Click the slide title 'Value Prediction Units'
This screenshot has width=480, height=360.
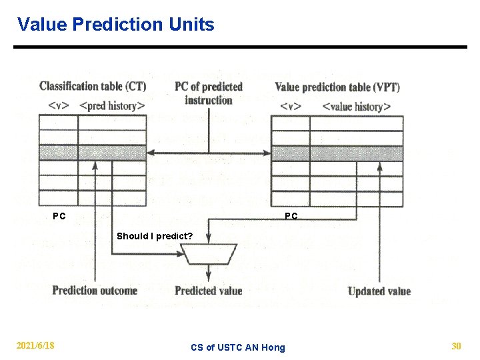(116, 25)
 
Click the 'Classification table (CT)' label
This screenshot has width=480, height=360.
(93, 86)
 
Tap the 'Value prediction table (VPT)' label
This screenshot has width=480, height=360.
(337, 87)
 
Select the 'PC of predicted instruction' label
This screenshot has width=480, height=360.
(209, 93)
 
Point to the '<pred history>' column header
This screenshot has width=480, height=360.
(112, 106)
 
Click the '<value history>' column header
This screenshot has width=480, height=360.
(356, 106)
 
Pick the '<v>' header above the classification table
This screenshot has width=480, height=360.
(58, 106)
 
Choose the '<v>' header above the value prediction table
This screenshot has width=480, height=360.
(291, 106)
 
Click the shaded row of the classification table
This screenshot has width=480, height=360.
(92, 153)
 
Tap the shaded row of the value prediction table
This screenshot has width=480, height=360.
(337, 153)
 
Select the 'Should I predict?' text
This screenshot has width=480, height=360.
(155, 236)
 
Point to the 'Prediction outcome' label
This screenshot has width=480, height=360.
(95, 290)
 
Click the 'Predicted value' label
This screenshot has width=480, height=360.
(208, 290)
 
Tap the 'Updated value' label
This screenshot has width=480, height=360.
(379, 291)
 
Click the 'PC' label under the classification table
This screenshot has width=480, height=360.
(59, 216)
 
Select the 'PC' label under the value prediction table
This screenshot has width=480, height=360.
(291, 216)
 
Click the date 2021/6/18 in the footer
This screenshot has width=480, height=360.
(36, 345)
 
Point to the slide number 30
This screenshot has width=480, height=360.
(456, 345)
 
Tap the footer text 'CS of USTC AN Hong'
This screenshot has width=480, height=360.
(237, 347)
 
